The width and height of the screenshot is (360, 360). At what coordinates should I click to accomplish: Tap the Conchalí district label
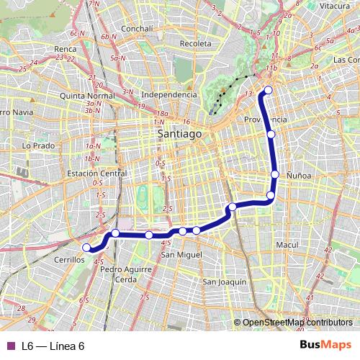(137, 29)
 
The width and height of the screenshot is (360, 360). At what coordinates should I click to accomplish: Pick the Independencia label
(169, 94)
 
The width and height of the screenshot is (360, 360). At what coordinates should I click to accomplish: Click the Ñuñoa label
(297, 174)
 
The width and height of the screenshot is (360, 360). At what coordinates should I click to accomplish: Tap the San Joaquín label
(225, 281)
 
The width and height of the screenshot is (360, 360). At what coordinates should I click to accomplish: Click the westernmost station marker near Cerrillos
(87, 248)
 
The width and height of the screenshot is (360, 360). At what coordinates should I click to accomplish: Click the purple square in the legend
(10, 346)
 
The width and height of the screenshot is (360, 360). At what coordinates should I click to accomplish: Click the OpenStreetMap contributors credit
(299, 323)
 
